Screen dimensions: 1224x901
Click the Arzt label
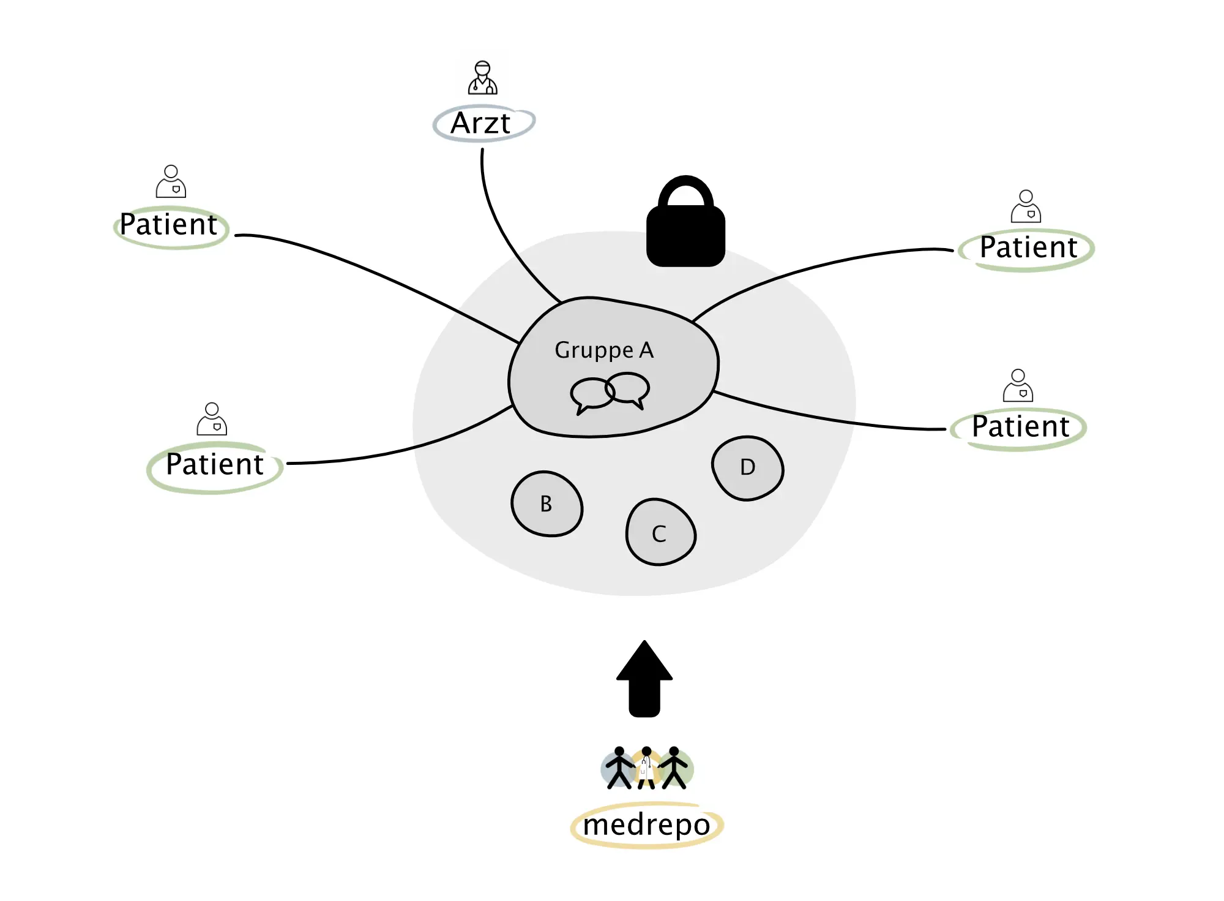480,123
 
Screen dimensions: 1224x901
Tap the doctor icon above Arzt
482,77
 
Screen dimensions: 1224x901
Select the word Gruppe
594,351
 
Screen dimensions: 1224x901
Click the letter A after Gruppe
646,350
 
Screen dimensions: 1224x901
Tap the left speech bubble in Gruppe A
592,395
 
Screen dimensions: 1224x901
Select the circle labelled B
547,504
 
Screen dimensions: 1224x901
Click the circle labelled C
660,532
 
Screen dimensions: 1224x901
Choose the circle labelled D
747,468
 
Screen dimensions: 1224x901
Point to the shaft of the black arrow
644,698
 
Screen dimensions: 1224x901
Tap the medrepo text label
646,825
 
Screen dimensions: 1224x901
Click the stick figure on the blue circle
619,767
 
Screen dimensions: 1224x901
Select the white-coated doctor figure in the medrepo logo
646,767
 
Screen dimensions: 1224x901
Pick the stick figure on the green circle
673,767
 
